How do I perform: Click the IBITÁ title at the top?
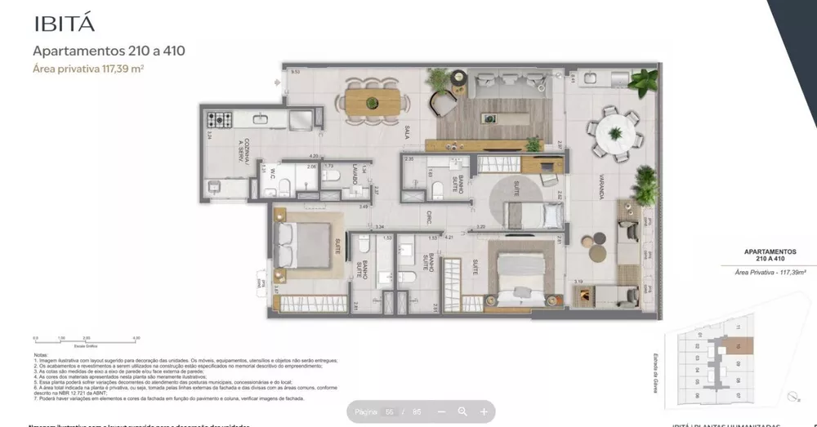[x=63, y=23]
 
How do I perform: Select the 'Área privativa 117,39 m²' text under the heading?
[x=88, y=69]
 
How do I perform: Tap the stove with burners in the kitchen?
[x=220, y=120]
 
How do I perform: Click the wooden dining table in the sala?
[x=373, y=102]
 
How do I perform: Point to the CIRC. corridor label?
[x=427, y=217]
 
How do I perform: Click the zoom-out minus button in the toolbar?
[x=441, y=412]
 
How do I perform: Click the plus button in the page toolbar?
[x=484, y=412]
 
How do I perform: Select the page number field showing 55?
[x=390, y=412]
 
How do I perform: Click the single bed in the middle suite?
[x=534, y=216]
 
